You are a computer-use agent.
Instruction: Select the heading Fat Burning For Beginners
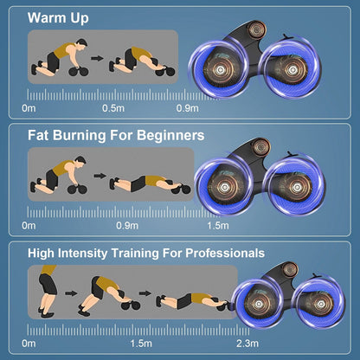coord(116,135)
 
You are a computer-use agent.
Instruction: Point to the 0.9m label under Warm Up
coord(188,109)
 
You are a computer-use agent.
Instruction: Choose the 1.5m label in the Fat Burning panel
coord(218,227)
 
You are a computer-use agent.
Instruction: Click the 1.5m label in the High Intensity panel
coord(142,344)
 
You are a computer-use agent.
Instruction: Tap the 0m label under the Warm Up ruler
coord(29,109)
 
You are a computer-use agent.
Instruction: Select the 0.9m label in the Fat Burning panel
coord(127,227)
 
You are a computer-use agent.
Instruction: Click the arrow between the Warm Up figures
coord(97,62)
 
